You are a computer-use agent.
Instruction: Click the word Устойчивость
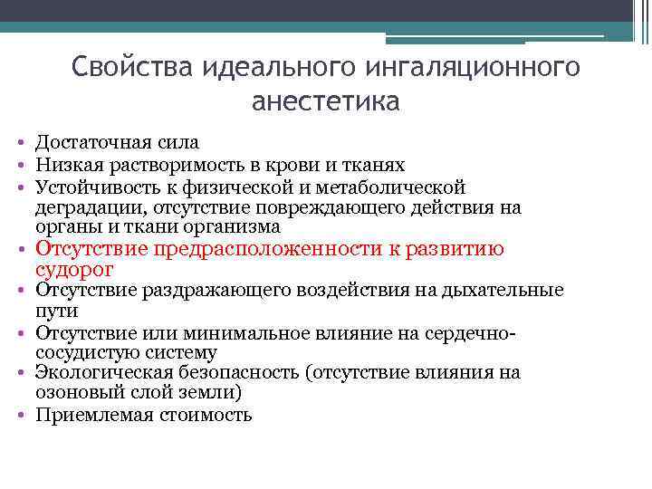[x=91, y=187]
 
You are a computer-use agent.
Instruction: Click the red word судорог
[x=73, y=270]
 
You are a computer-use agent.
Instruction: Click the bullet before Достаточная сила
[x=20, y=143]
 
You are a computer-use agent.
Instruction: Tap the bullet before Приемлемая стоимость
[x=20, y=416]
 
